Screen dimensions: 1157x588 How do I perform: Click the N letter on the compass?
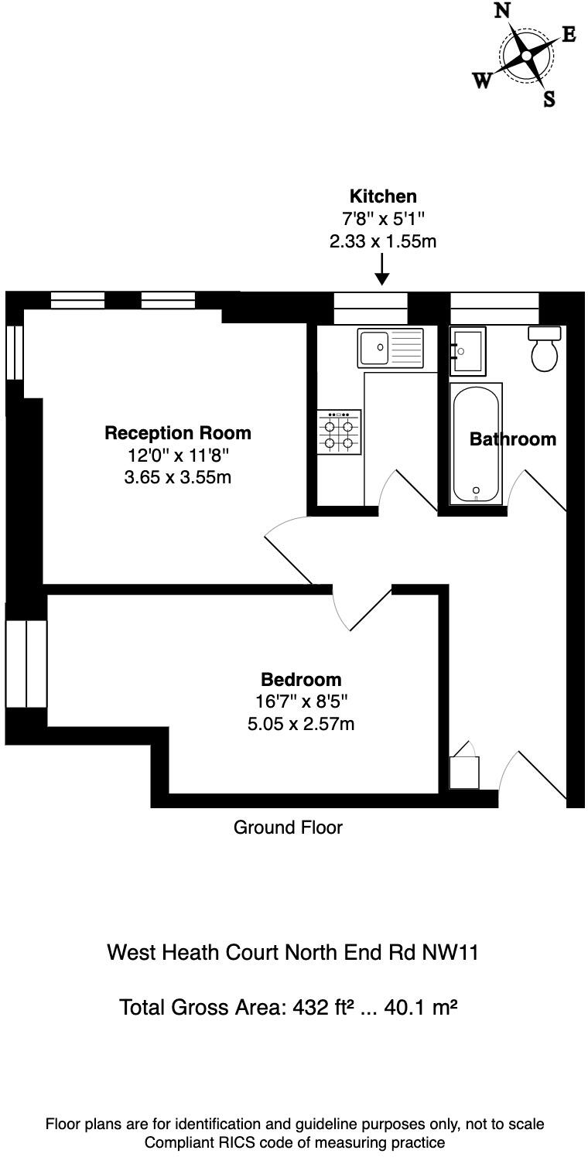(503, 11)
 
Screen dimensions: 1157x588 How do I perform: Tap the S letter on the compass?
(549, 99)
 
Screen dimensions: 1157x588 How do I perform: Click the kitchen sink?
(390, 347)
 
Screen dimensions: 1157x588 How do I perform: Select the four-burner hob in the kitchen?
(339, 432)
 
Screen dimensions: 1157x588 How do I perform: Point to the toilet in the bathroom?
(545, 350)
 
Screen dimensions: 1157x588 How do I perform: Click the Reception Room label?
(177, 432)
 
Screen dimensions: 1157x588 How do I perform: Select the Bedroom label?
(301, 680)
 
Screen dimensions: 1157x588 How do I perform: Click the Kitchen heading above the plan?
(383, 196)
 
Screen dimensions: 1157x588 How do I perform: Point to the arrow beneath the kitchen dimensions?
(382, 271)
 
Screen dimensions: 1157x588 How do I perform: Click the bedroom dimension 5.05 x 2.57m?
(301, 724)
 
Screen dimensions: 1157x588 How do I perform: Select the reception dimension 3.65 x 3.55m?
(177, 477)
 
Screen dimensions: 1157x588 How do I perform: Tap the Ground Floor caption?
(288, 828)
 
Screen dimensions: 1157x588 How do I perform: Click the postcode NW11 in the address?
(450, 952)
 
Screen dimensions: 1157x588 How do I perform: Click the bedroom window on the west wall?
(26, 664)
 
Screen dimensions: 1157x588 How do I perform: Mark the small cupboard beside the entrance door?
(464, 771)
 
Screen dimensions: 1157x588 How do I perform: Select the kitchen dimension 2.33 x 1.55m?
(383, 241)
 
